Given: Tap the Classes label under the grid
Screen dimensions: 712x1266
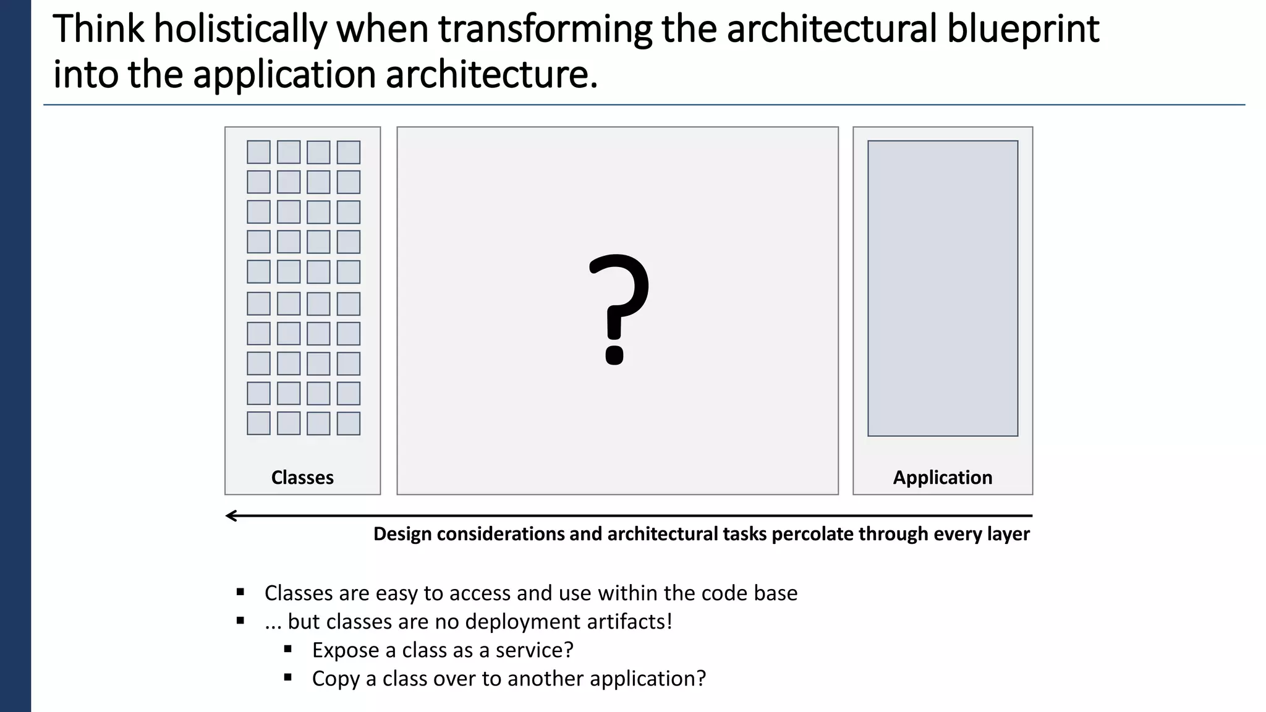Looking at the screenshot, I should pos(302,477).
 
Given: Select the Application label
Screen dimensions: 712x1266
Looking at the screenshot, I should pos(942,477).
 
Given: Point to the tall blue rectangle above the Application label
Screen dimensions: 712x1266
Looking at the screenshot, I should pos(942,288).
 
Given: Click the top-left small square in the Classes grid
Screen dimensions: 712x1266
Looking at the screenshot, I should pos(258,152).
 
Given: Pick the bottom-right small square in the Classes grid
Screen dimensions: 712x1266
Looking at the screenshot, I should pos(349,423).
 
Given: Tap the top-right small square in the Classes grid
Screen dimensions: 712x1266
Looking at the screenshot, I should pos(349,152).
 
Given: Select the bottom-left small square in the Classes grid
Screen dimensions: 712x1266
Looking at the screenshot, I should pos(258,423).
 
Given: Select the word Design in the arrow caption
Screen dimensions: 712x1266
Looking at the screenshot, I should pos(402,533).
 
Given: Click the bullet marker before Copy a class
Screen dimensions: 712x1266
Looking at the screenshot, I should pos(288,677).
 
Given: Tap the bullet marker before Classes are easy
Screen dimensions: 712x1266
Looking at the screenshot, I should pos(240,592).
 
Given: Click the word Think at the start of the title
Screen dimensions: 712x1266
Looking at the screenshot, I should pos(99,30).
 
